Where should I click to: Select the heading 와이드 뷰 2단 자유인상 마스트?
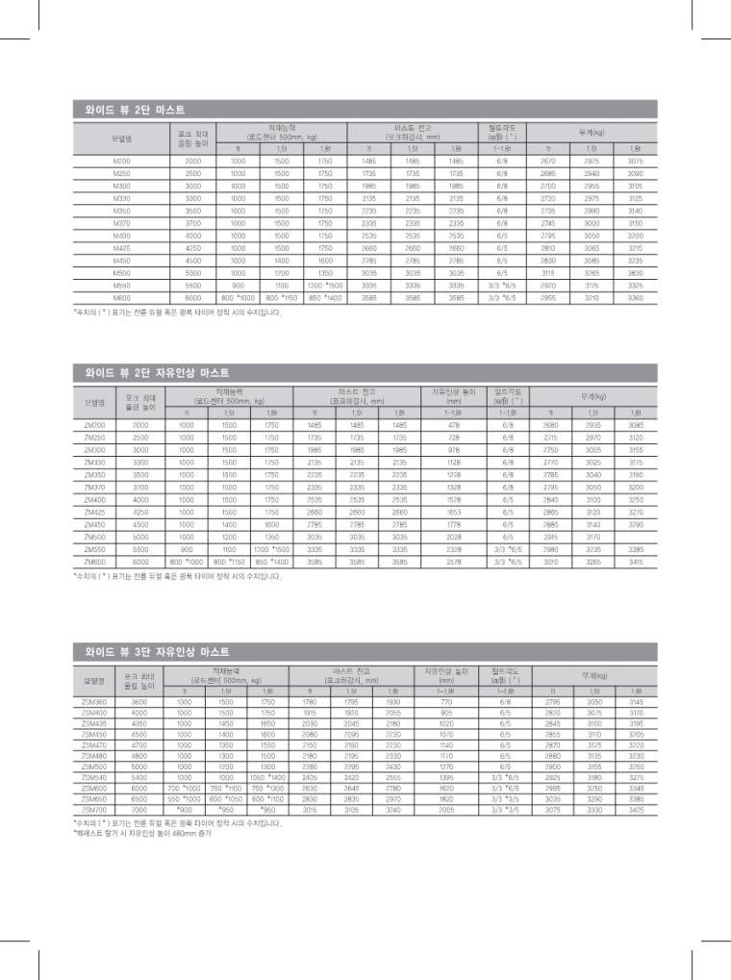pyautogui.click(x=151, y=371)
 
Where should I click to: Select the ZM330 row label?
pyautogui.click(x=94, y=463)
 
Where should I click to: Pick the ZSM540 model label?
pyautogui.click(x=94, y=777)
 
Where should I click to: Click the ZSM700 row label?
pyautogui.click(x=94, y=811)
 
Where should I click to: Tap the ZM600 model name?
pyautogui.click(x=94, y=562)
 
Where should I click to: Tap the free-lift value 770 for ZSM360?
pyautogui.click(x=445, y=702)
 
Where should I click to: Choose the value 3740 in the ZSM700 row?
pyautogui.click(x=392, y=811)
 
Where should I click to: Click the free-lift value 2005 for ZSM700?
pyautogui.click(x=445, y=811)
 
